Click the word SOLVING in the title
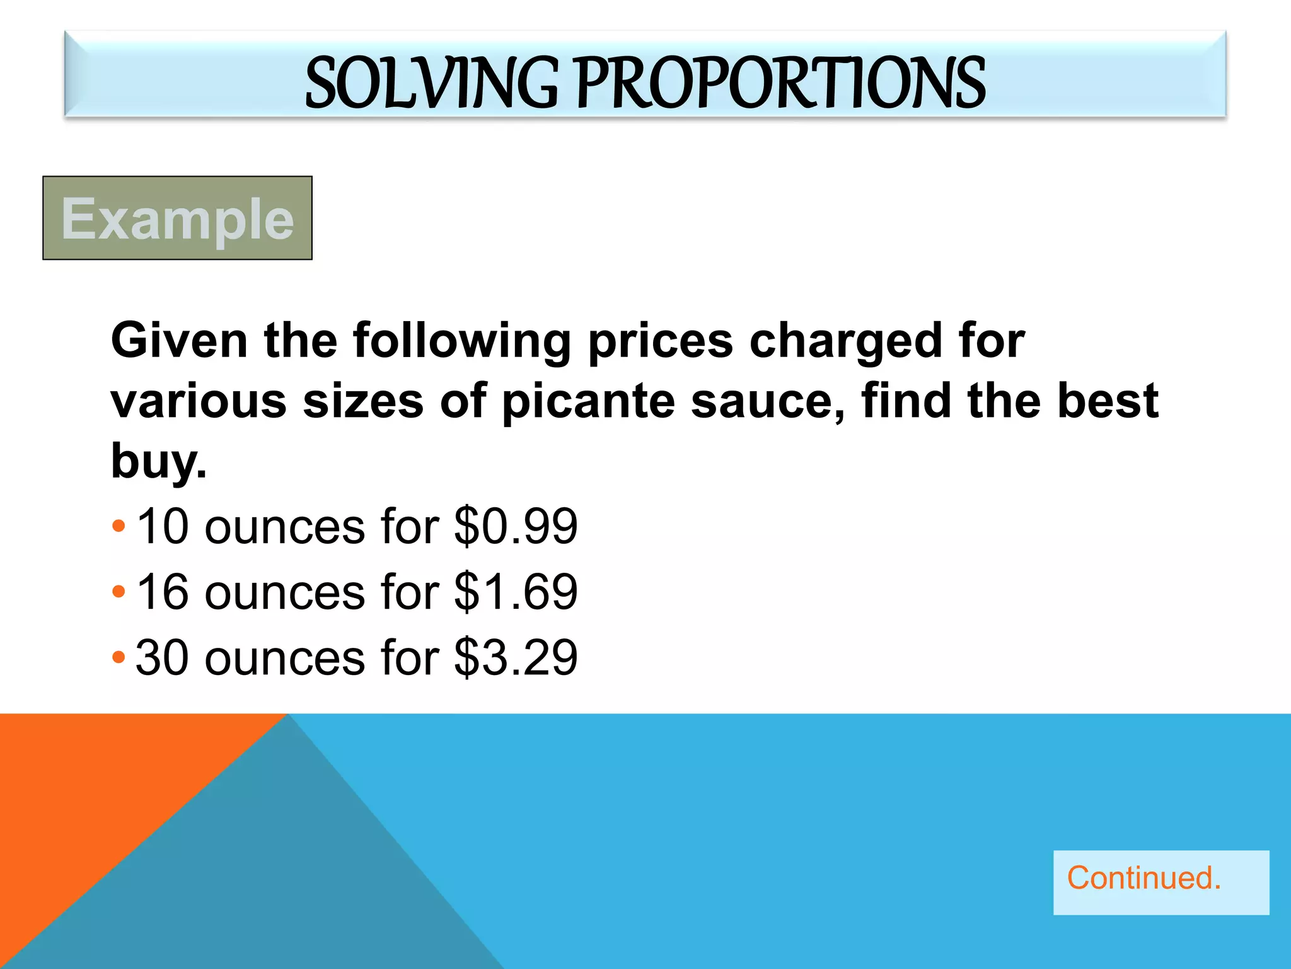[431, 83]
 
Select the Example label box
[177, 218]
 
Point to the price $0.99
[515, 527]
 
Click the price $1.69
[515, 592]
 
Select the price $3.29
[515, 658]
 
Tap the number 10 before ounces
[162, 527]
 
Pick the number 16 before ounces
[162, 592]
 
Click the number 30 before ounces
[162, 658]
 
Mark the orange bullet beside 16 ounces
[119, 592]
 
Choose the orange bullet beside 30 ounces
[119, 657]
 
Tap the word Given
[179, 341]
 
